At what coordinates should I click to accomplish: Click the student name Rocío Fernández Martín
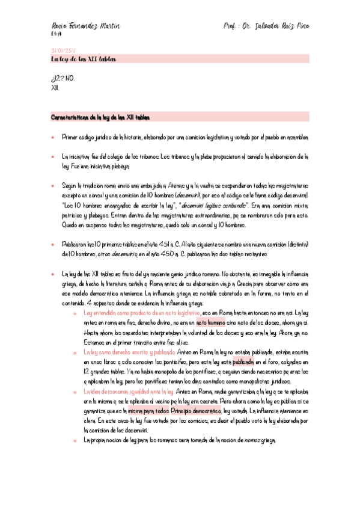point(86,27)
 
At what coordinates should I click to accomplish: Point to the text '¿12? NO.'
point(64,78)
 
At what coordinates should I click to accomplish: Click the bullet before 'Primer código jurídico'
point(53,138)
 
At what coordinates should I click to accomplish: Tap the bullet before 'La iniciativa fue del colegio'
point(53,156)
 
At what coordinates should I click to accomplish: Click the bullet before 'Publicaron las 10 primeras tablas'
point(53,245)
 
